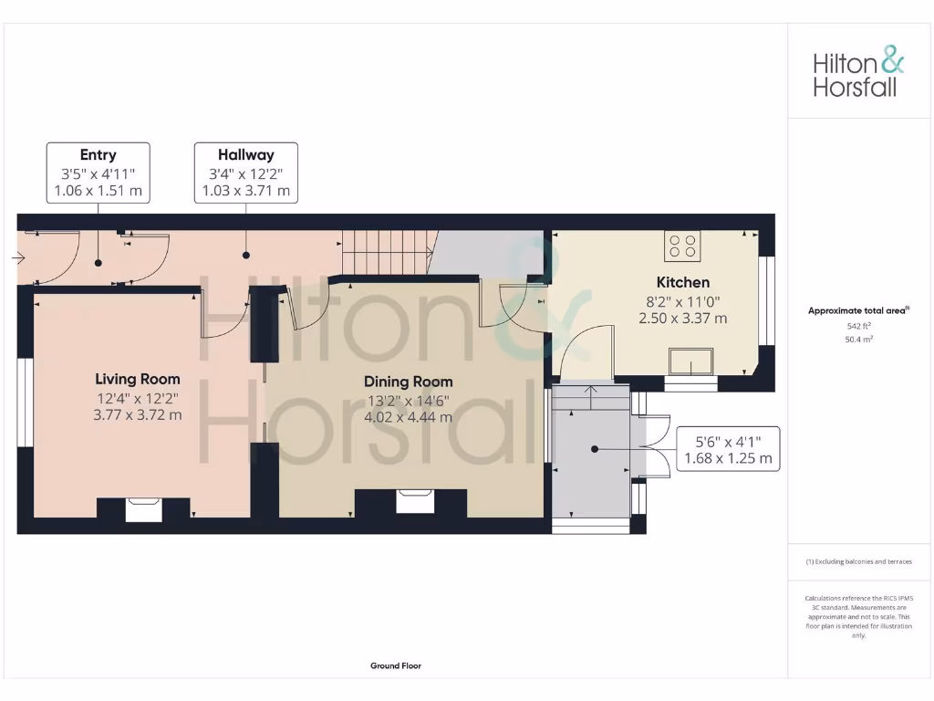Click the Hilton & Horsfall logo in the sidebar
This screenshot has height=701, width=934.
[858, 74]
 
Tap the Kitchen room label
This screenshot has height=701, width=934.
[683, 282]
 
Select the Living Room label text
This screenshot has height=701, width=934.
[138, 379]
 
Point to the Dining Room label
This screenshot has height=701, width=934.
[408, 382]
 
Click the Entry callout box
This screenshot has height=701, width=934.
[98, 173]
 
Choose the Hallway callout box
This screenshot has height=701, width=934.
[245, 173]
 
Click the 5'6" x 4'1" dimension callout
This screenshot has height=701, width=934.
[727, 449]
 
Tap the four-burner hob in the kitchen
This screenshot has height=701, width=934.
[684, 246]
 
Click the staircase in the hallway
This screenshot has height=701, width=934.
[385, 251]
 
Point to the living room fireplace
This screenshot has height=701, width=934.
[143, 509]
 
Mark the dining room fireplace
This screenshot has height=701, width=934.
[410, 502]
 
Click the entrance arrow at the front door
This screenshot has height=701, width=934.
[18, 258]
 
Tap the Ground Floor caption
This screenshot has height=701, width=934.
[395, 666]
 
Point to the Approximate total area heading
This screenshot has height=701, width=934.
[858, 310]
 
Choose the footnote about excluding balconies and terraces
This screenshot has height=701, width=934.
[858, 561]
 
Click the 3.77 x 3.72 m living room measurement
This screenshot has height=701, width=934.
[138, 414]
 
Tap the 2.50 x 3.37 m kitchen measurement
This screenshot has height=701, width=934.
[683, 319]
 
